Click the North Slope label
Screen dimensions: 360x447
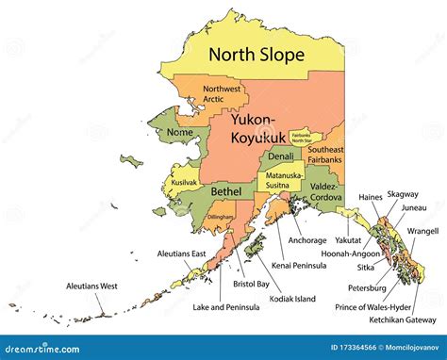pyautogui.click(x=257, y=55)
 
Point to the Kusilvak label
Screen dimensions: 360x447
pyautogui.click(x=183, y=180)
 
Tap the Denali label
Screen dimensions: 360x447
pyautogui.click(x=280, y=156)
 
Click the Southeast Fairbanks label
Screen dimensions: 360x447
pyautogui.click(x=323, y=155)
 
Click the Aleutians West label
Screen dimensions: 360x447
pyautogui.click(x=91, y=285)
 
